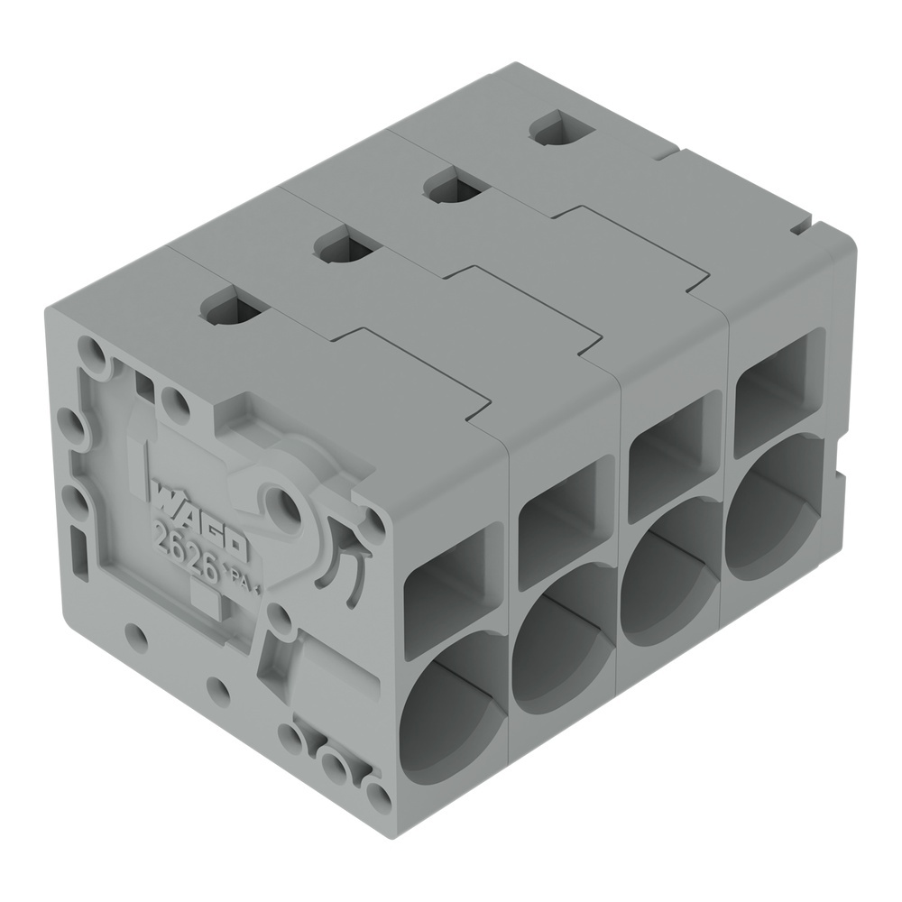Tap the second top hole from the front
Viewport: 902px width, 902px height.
(341, 246)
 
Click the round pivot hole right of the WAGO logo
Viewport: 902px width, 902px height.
(287, 500)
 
